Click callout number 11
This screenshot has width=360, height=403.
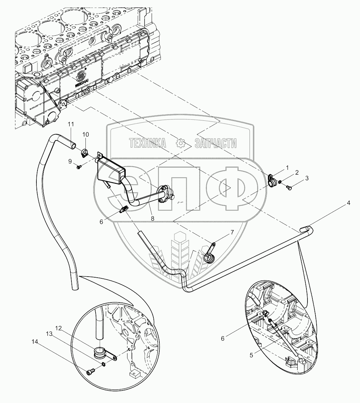coord(71,124)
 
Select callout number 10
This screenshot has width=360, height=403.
coord(86,134)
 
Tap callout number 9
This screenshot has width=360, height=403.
coord(70,161)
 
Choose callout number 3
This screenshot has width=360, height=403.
coord(307,178)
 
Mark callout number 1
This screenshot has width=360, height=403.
coord(287,168)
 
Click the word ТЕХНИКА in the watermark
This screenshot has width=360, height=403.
coord(147,143)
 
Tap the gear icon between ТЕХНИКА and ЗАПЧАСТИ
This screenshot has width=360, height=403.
coord(181,143)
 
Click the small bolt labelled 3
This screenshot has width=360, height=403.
coord(289,189)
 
